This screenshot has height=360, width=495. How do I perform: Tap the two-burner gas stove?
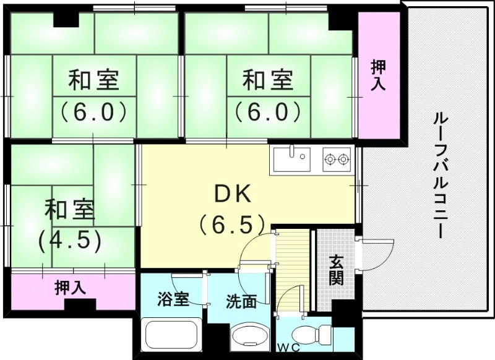tap(337, 160)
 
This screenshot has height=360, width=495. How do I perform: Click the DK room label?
tap(232, 195)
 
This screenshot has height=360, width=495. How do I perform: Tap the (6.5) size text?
tap(233, 223)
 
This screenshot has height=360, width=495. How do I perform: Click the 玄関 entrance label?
tap(336, 270)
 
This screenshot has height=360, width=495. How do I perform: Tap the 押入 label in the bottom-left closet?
tap(70, 287)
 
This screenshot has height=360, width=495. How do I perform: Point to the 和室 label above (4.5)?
tap(69, 210)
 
